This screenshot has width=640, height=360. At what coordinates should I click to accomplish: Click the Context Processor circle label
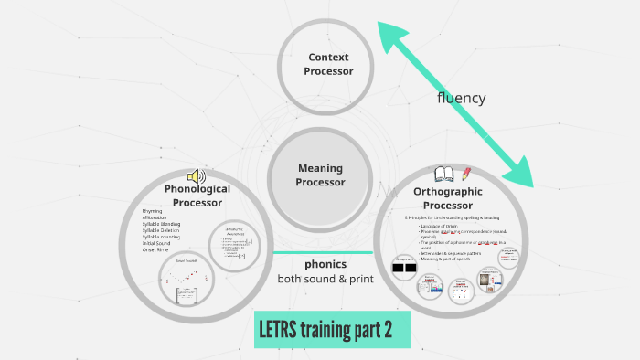pyautogui.click(x=328, y=64)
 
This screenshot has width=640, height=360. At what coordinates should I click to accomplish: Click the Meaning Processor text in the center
pyautogui.click(x=320, y=175)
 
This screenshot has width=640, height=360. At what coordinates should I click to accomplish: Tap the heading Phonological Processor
pyautogui.click(x=197, y=196)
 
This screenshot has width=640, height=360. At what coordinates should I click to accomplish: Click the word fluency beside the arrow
pyautogui.click(x=461, y=98)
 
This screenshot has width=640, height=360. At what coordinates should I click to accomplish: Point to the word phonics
pyautogui.click(x=325, y=264)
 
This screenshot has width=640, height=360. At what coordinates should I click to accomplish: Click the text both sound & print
pyautogui.click(x=325, y=278)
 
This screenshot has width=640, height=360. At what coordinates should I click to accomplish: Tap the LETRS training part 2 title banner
pyautogui.click(x=332, y=330)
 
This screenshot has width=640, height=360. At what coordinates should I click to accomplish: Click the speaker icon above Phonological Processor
pyautogui.click(x=196, y=175)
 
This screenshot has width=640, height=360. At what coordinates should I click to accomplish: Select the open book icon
pyautogui.click(x=445, y=174)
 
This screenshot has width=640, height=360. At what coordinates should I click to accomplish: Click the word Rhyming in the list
pyautogui.click(x=152, y=211)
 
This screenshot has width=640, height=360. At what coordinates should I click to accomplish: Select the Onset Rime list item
pyautogui.click(x=155, y=249)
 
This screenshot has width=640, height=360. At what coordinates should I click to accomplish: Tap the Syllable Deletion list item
pyautogui.click(x=161, y=230)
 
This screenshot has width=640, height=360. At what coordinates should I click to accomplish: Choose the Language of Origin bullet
pyautogui.click(x=443, y=226)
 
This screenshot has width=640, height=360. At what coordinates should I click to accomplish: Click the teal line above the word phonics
pyautogui.click(x=323, y=252)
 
